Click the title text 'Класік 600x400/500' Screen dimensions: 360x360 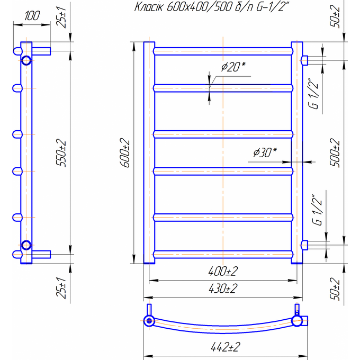183,7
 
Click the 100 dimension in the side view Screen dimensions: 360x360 32,15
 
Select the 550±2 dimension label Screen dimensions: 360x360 61,152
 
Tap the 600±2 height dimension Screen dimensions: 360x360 125,152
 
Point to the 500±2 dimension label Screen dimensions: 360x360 335,152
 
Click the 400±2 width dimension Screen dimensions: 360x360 223,272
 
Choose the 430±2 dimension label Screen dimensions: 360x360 223,289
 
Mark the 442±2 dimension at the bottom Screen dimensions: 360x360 226,347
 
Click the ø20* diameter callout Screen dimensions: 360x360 233,67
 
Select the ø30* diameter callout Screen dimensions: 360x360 265,152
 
